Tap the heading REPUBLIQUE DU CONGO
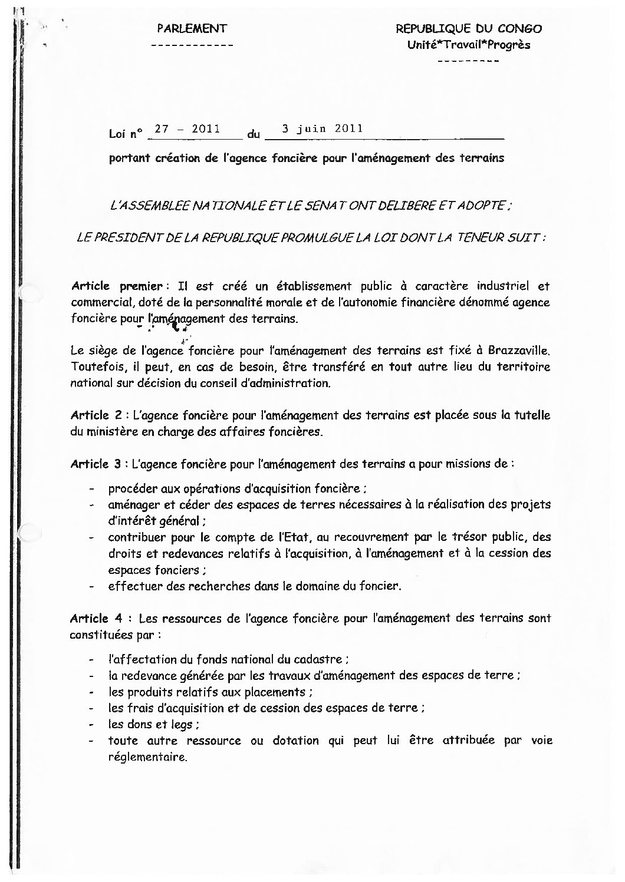[x=469, y=28]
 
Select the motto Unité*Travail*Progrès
[x=469, y=45]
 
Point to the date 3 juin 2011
[x=322, y=128]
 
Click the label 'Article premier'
[x=116, y=286]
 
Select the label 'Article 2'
[x=98, y=415]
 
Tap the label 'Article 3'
[x=98, y=464]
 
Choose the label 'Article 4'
[x=98, y=619]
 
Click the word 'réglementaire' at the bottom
[x=147, y=757]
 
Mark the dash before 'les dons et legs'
[x=92, y=725]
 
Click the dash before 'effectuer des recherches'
[x=92, y=587]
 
